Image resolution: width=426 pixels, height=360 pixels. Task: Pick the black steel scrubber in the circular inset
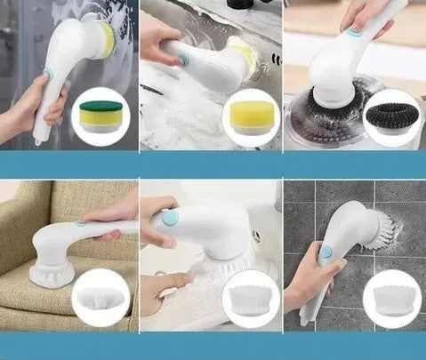(388, 114)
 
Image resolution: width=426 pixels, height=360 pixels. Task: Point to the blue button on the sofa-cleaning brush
(81, 225)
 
